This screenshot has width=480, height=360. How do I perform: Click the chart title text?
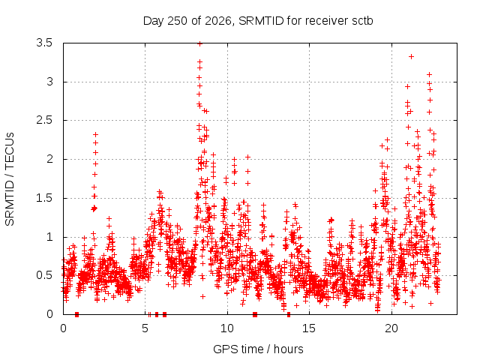[258, 21]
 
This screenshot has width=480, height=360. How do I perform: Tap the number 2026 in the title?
[217, 21]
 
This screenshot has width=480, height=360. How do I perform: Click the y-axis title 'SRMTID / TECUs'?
[10, 179]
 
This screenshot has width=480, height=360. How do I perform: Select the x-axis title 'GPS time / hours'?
[258, 349]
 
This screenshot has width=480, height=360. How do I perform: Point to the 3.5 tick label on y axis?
[44, 43]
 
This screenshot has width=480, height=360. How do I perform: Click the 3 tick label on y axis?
[49, 82]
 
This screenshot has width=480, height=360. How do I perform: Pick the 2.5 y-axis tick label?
[44, 120]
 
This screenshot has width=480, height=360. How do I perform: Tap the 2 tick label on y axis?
[49, 159]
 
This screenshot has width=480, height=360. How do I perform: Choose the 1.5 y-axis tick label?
[44, 198]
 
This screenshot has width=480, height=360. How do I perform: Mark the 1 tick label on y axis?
[49, 237]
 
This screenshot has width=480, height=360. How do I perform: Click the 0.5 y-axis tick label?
[44, 275]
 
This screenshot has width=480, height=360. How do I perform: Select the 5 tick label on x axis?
[145, 328]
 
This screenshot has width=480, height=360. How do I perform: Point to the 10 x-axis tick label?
[227, 328]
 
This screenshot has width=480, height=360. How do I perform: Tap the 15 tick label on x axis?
[309, 328]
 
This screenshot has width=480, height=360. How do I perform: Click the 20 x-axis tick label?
[391, 328]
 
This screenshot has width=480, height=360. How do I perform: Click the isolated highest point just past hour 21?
[412, 57]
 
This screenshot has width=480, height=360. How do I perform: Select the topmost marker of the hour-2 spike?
[95, 134]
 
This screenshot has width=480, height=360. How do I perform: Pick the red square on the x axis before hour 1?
[76, 314]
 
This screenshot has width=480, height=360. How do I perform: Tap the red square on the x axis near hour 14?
[289, 314]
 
